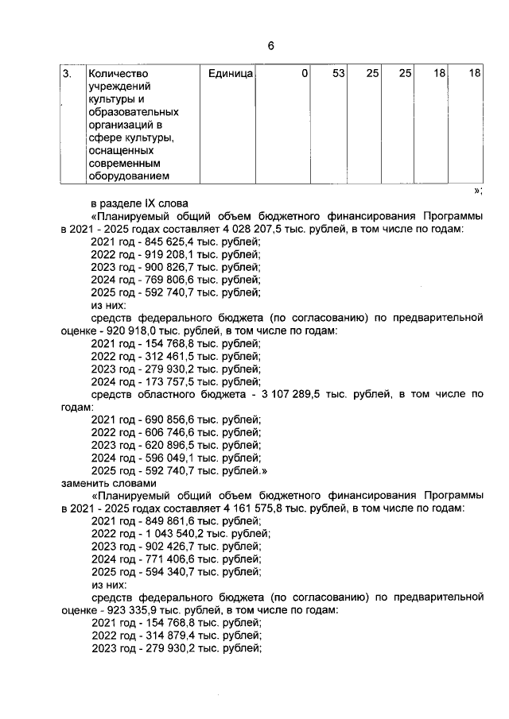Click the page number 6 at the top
(270, 46)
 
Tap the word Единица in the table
(231, 74)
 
